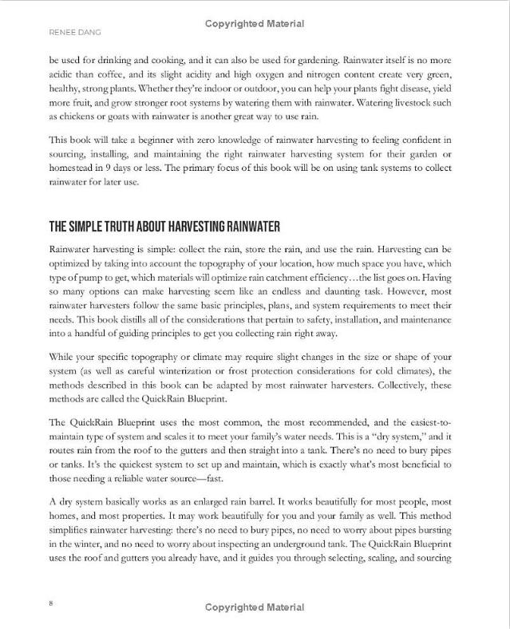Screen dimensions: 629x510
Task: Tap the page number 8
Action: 51,603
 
